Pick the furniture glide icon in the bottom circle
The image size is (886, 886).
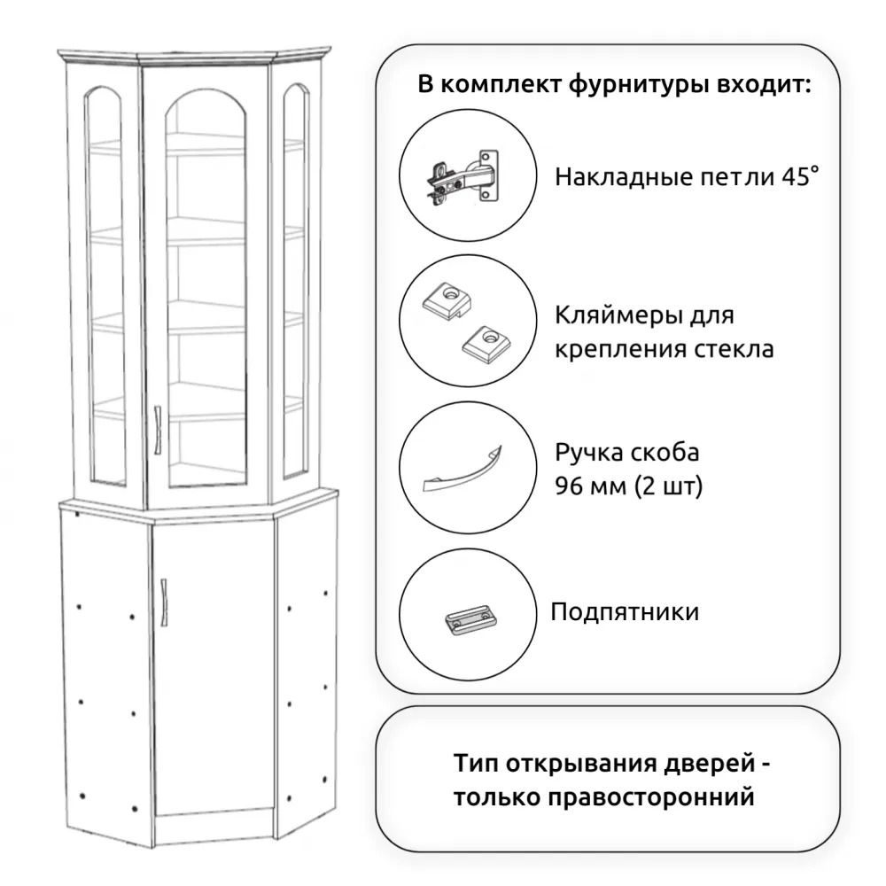click(467, 618)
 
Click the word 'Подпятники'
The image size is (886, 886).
click(625, 612)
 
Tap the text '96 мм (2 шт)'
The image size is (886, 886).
click(629, 486)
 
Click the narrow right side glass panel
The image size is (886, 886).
click(295, 284)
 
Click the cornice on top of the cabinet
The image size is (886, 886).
click(195, 56)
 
